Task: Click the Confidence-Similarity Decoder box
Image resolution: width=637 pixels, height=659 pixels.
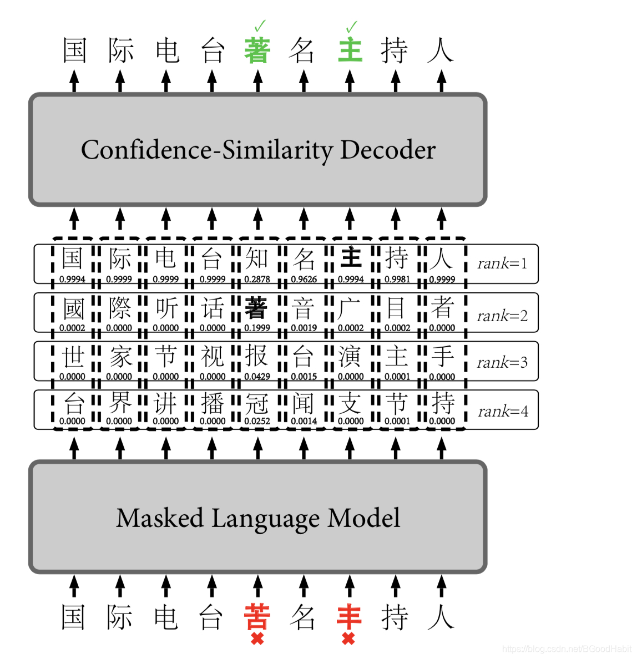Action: (258, 150)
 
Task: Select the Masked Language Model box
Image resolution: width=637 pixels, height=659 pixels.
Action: (258, 517)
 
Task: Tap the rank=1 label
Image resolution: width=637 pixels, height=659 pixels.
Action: (502, 263)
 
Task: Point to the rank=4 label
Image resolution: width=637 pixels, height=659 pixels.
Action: (503, 412)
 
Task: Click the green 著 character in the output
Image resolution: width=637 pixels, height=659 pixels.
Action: (257, 50)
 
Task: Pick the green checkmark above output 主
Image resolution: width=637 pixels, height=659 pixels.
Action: (351, 26)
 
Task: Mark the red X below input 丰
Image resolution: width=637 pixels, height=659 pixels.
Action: (348, 639)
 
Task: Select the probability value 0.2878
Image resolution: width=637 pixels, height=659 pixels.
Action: (257, 280)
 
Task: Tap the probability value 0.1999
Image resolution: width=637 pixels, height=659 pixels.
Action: (257, 328)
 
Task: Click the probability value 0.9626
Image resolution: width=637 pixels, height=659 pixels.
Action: (304, 280)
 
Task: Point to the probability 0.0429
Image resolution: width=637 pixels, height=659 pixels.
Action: (257, 377)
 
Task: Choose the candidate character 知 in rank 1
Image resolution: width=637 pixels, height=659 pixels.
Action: (257, 258)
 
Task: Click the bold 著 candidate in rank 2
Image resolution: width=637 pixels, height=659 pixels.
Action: (256, 308)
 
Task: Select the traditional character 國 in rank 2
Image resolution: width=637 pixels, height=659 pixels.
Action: (73, 308)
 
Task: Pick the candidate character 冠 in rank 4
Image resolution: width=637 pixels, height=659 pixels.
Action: (257, 404)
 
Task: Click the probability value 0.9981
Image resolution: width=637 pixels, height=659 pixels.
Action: (397, 280)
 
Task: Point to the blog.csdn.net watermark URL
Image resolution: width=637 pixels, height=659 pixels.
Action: (566, 648)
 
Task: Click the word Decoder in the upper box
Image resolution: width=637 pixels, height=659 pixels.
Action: (387, 150)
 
